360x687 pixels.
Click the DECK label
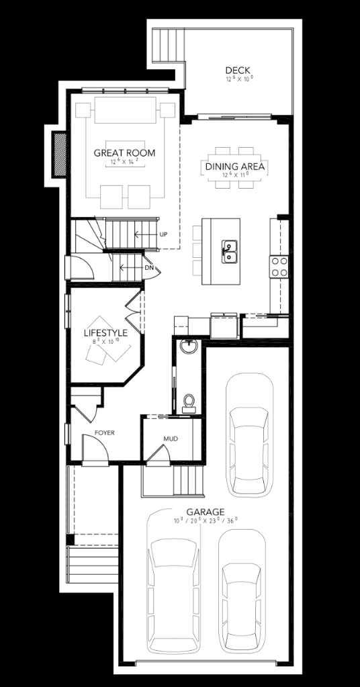point(237,70)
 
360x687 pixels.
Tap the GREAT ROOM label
point(124,153)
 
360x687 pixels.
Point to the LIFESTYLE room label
point(105,332)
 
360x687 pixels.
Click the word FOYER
point(104,433)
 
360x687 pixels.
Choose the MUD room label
point(170,439)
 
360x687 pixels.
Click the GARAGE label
point(206,512)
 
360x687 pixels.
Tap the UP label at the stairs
point(163,234)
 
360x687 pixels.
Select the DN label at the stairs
point(149,268)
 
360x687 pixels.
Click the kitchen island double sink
point(229,252)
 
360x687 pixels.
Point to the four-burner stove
point(279,267)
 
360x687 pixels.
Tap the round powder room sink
point(189,347)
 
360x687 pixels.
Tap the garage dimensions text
point(206,520)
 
